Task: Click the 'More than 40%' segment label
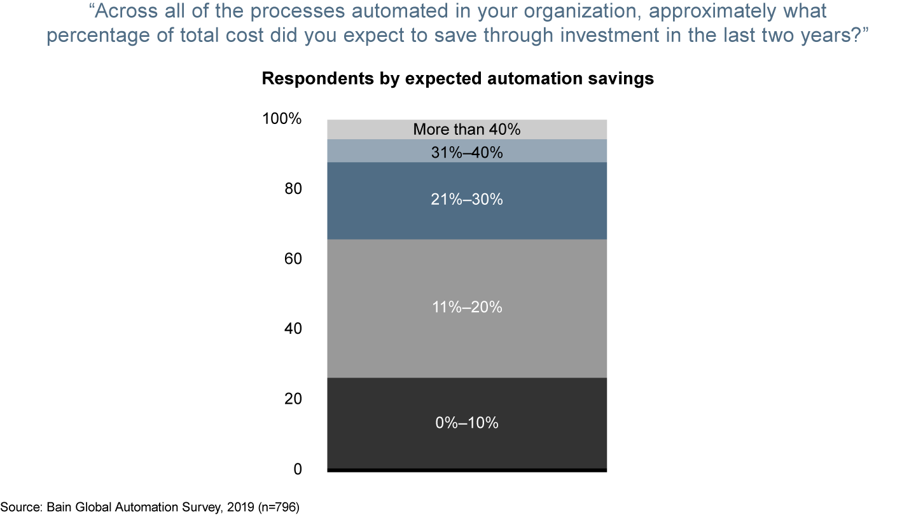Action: click(x=467, y=130)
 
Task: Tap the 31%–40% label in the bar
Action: click(x=467, y=153)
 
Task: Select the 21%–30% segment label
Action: click(x=467, y=200)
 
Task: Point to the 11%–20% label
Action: click(x=467, y=308)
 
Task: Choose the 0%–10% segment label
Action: click(x=467, y=423)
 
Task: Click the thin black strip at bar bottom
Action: click(x=467, y=470)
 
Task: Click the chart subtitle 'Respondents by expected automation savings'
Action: click(x=458, y=78)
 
